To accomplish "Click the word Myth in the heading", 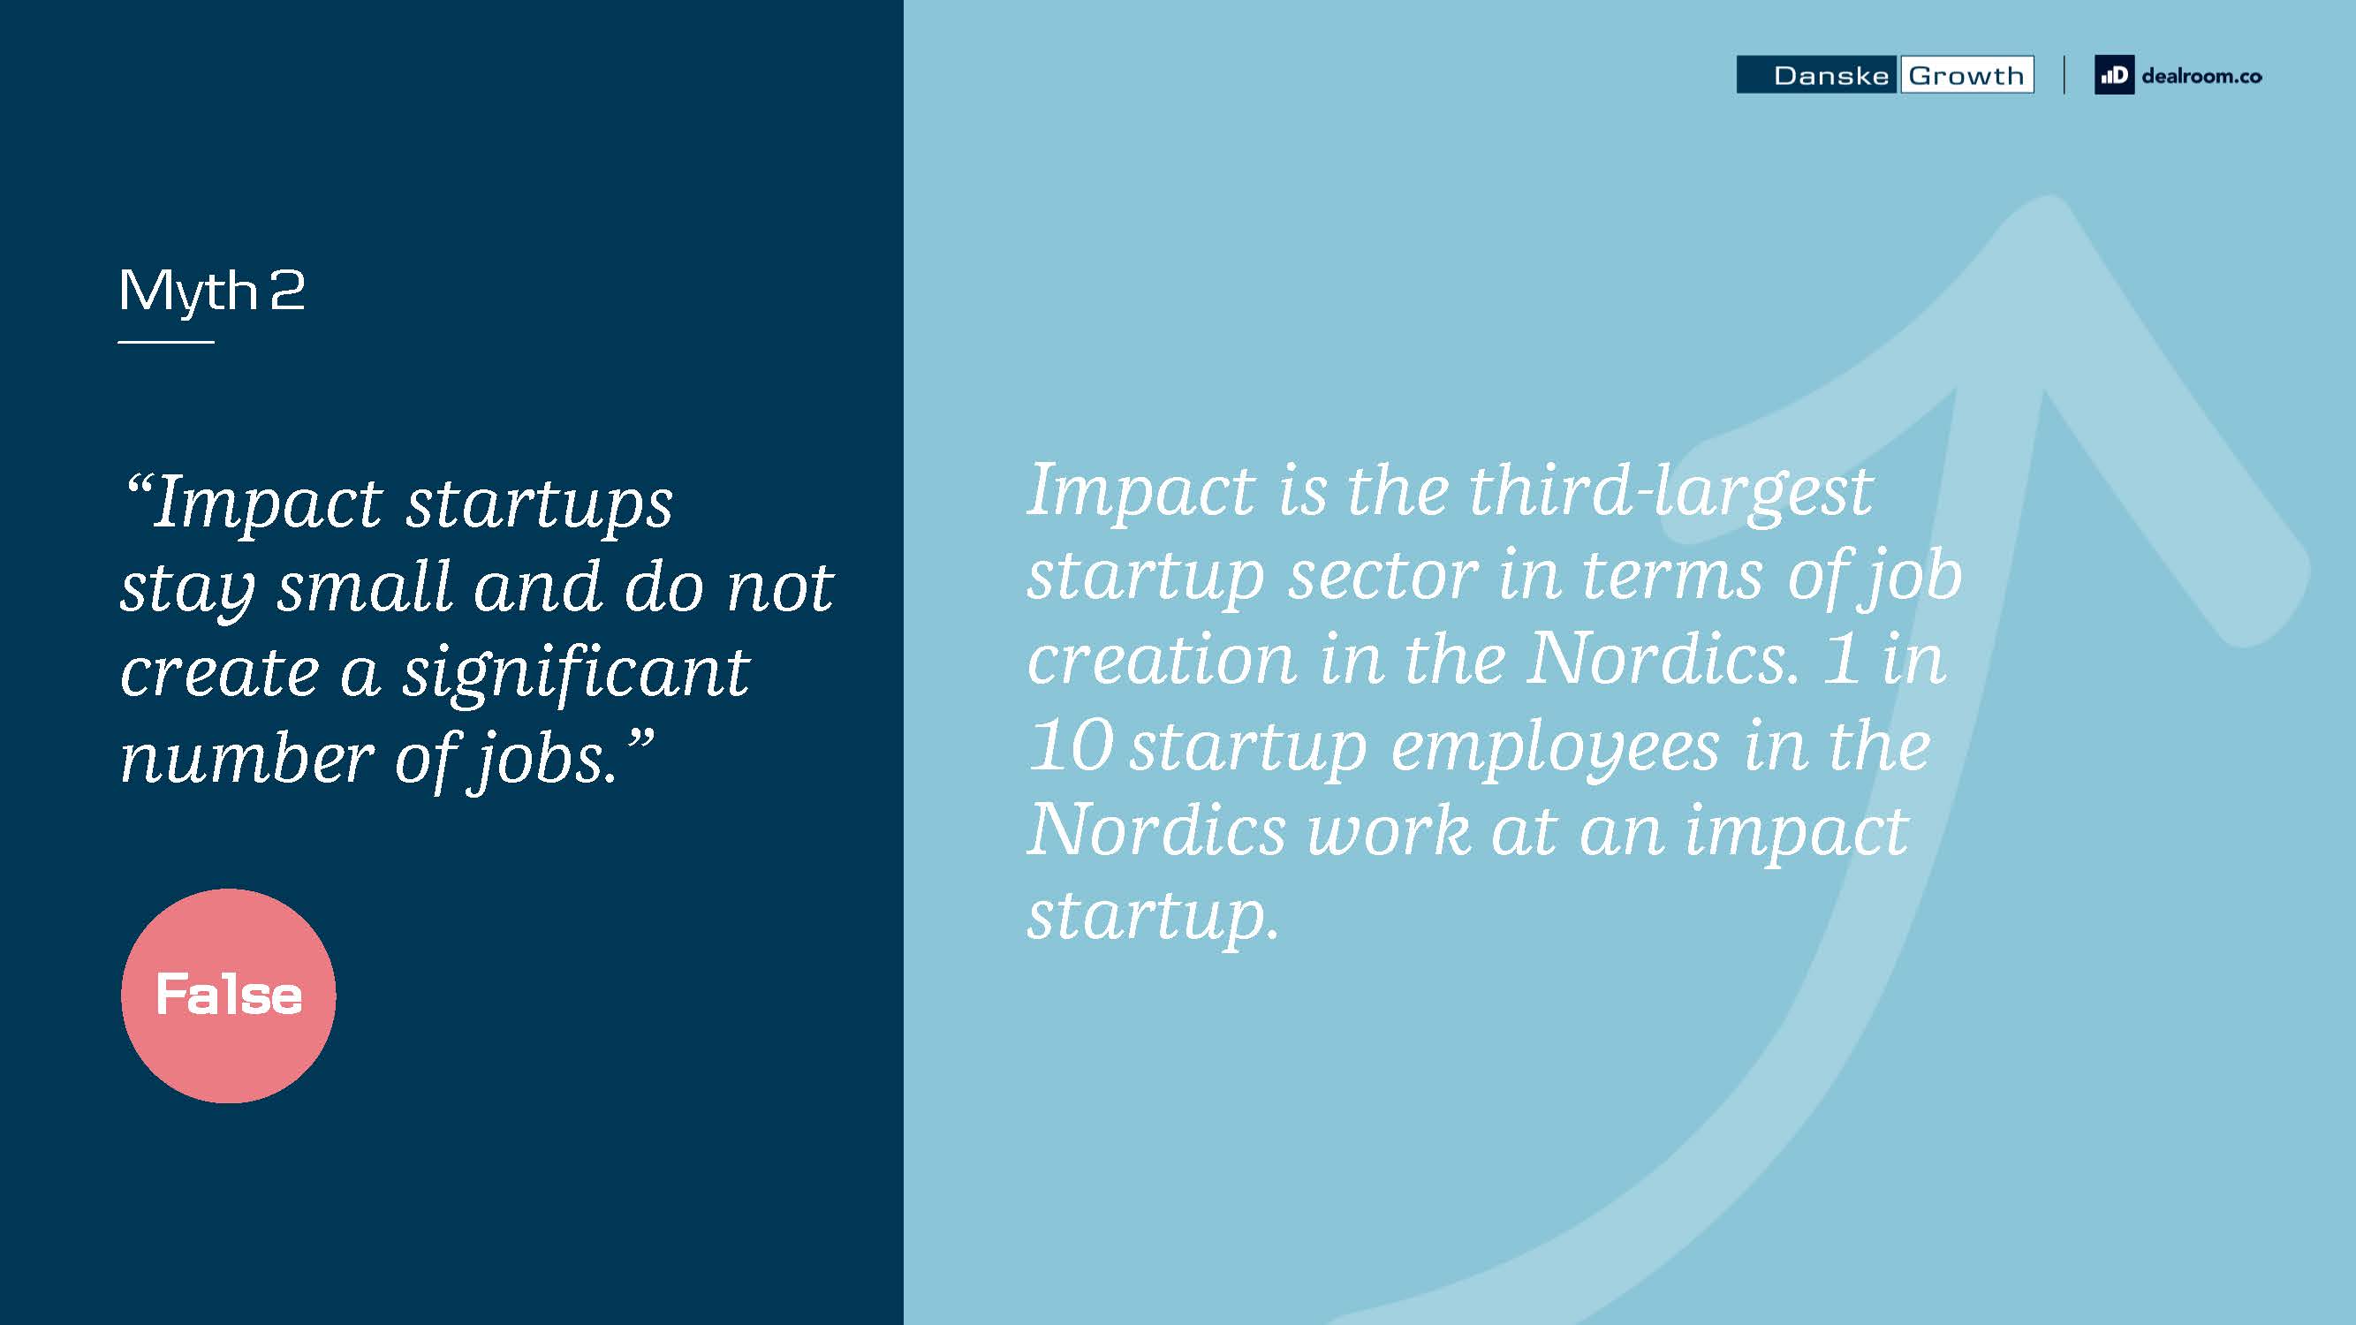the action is click(x=188, y=291).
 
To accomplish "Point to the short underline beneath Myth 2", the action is click(x=165, y=342).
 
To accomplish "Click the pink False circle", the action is click(x=229, y=996).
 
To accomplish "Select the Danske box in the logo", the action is click(x=1817, y=75).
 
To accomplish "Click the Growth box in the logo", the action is click(x=1966, y=75).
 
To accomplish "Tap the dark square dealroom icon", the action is click(x=2115, y=75).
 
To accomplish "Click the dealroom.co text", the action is click(x=2201, y=76).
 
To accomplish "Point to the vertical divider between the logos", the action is click(x=2064, y=75).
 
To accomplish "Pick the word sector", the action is click(x=1383, y=576).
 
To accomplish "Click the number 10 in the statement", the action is click(x=1071, y=745).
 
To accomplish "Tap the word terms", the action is click(x=1672, y=576).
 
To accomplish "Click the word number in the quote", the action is click(x=247, y=759).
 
